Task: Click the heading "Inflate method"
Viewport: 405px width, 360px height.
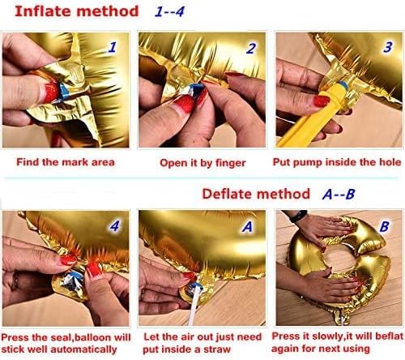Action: click(77, 11)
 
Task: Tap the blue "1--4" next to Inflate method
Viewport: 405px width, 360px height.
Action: click(169, 12)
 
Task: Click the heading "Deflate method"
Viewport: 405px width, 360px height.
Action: click(256, 194)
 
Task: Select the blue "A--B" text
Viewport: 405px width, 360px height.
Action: click(339, 194)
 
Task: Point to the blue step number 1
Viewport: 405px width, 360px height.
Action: click(113, 47)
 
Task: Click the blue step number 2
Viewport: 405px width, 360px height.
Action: click(251, 49)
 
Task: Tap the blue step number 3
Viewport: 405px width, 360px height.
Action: click(388, 47)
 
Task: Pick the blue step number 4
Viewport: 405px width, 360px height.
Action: click(114, 226)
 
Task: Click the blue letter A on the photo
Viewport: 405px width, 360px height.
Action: click(247, 227)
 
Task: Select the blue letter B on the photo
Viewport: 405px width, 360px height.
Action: click(384, 226)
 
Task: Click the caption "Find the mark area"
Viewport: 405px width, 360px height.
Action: click(66, 162)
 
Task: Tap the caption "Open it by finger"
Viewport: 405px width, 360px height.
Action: click(202, 163)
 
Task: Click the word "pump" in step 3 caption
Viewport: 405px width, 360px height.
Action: click(308, 162)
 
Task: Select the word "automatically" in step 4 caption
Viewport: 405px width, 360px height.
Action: click(83, 349)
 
